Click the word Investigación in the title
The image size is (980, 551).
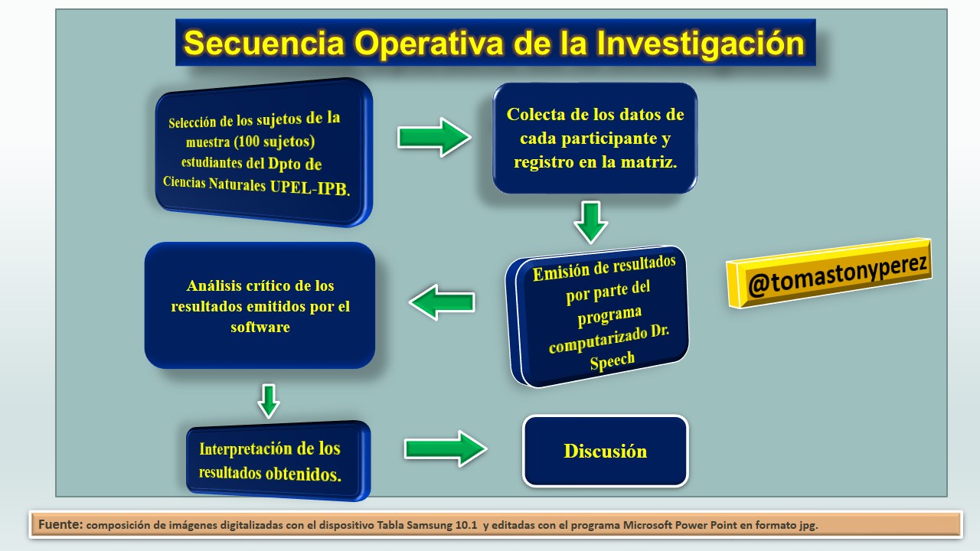click(x=701, y=44)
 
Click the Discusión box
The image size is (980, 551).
click(x=606, y=451)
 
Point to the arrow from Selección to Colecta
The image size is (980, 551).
click(x=434, y=137)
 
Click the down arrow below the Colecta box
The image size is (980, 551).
click(x=590, y=223)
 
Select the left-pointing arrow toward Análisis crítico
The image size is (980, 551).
click(x=442, y=302)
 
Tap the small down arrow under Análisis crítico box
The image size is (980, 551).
click(x=269, y=401)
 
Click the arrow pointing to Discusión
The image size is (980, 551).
click(x=446, y=448)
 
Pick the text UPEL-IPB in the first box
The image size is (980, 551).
click(x=310, y=188)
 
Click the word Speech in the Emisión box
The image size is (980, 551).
click(x=612, y=361)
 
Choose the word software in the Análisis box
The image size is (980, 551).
click(x=260, y=327)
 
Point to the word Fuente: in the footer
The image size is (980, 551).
click(x=60, y=524)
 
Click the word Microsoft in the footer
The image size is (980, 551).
click(x=648, y=525)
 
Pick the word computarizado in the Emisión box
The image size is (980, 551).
click(x=597, y=341)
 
